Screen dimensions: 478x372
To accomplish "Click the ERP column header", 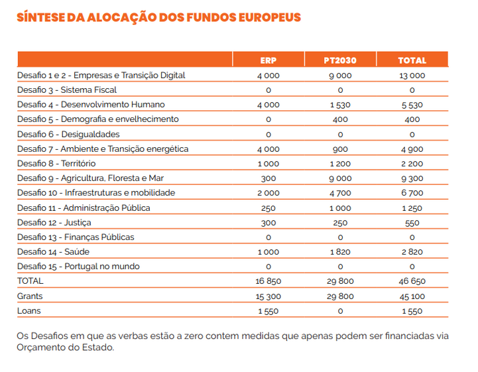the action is pyautogui.click(x=269, y=60).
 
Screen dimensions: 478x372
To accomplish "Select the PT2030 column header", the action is pyautogui.click(x=340, y=60).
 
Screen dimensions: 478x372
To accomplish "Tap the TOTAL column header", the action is pyautogui.click(x=412, y=60).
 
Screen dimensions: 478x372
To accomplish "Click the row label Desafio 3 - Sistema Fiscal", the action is pyautogui.click(x=67, y=90).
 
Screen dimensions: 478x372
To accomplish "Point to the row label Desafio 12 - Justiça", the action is pyautogui.click(x=54, y=223).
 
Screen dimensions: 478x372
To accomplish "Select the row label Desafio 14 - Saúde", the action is pyautogui.click(x=53, y=252).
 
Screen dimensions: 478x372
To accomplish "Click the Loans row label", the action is pyautogui.click(x=29, y=311).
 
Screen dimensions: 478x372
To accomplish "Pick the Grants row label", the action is pyautogui.click(x=30, y=296).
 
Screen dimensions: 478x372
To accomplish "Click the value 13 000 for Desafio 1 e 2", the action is pyautogui.click(x=412, y=76).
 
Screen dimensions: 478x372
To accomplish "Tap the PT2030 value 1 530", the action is pyautogui.click(x=340, y=105).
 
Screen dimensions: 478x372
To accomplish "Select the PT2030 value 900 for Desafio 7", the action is pyautogui.click(x=340, y=149).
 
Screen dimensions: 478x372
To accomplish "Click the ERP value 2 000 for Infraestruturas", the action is pyautogui.click(x=269, y=193).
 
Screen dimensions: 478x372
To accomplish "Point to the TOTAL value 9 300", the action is pyautogui.click(x=412, y=178).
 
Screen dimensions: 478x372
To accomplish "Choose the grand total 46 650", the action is pyautogui.click(x=412, y=281).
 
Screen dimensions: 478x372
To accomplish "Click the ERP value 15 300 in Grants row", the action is pyautogui.click(x=269, y=296).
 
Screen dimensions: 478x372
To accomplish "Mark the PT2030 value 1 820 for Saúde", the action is pyautogui.click(x=340, y=252).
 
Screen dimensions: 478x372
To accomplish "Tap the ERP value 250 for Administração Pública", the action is pyautogui.click(x=269, y=208).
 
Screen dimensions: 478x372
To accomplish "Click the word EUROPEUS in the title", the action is pyautogui.click(x=270, y=17).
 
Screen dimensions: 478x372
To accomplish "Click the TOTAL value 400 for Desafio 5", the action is pyautogui.click(x=412, y=119).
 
